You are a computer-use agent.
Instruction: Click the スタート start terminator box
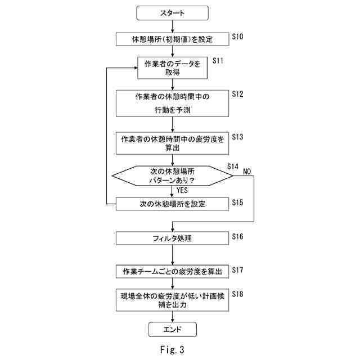click(x=173, y=13)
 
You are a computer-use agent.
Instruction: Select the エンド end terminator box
click(x=173, y=330)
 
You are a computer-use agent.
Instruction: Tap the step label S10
click(x=237, y=37)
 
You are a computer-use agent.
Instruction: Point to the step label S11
click(x=218, y=61)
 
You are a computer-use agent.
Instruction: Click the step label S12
click(x=237, y=94)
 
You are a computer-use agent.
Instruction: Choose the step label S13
click(x=237, y=137)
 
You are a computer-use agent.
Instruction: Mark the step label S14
click(x=232, y=166)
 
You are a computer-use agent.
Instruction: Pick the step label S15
click(x=237, y=202)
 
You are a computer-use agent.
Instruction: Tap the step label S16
click(x=237, y=236)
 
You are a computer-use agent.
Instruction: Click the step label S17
click(x=237, y=270)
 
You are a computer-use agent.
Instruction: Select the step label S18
click(x=237, y=294)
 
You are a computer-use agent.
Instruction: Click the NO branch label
click(x=247, y=172)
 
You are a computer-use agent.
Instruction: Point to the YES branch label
click(x=182, y=190)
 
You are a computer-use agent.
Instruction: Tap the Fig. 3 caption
click(x=172, y=350)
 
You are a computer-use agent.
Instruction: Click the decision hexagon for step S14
click(x=173, y=175)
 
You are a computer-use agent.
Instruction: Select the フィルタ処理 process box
click(x=173, y=238)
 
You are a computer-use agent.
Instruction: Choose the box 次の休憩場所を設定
click(x=173, y=204)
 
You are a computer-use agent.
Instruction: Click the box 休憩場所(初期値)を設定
click(x=173, y=39)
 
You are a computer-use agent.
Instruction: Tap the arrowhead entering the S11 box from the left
click(x=136, y=67)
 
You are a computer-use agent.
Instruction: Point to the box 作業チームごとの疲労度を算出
click(x=173, y=272)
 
